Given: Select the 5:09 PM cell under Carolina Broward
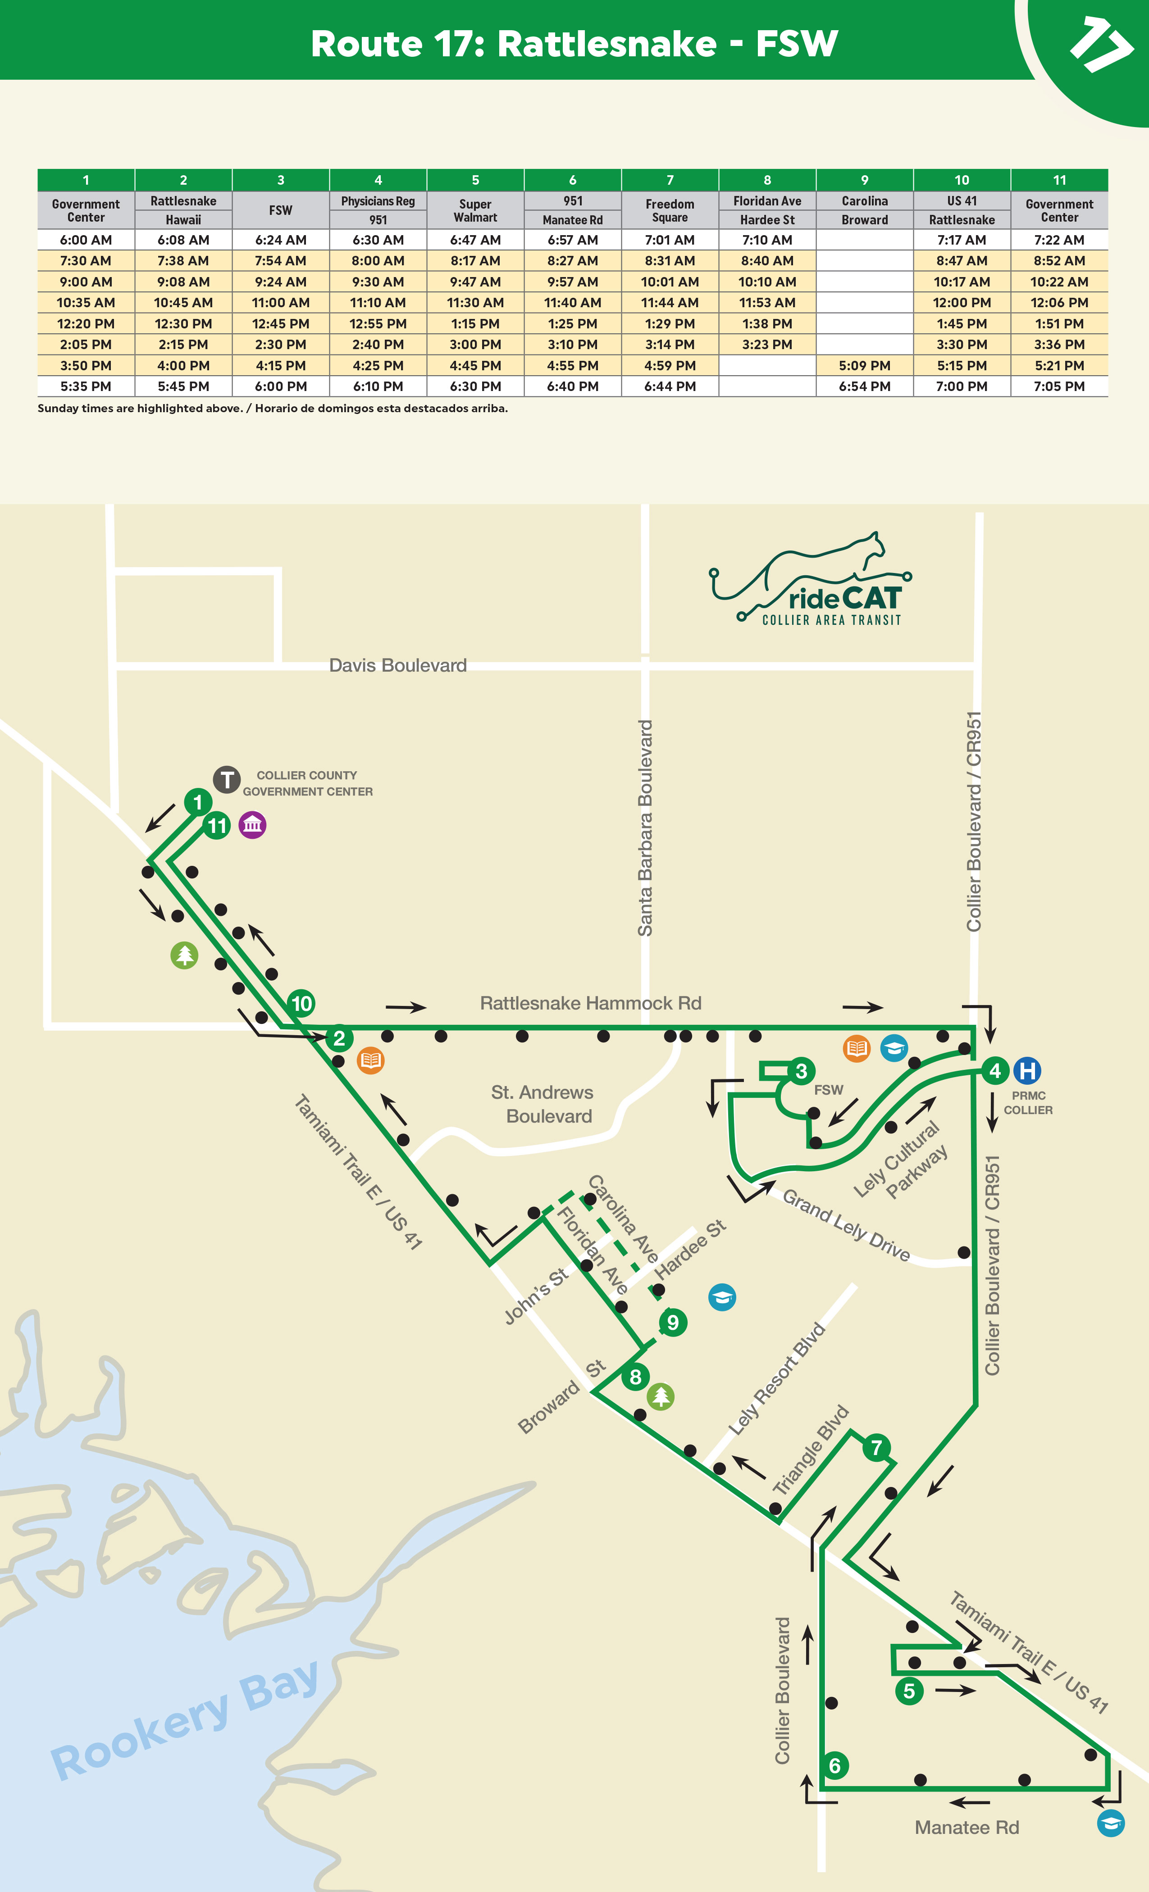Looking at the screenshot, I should click(x=864, y=365).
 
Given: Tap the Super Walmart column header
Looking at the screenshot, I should click(x=475, y=210).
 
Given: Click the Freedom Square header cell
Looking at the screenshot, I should click(x=670, y=210).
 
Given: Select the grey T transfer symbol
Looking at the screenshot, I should click(x=227, y=779).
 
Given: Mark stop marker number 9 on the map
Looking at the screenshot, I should click(x=673, y=1322).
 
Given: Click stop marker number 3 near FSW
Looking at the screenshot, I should click(x=801, y=1071).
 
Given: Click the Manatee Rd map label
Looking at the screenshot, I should click(x=966, y=1828).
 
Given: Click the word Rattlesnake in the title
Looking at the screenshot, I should click(x=607, y=44).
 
